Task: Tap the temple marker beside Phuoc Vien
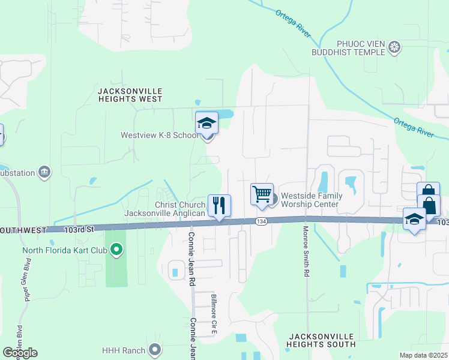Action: point(394,47)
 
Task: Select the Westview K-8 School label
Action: point(159,136)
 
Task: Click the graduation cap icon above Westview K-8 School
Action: point(206,123)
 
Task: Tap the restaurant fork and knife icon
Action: point(219,206)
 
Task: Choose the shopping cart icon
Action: point(262,195)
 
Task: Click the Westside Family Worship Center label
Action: point(312,200)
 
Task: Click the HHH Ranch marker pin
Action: point(155,349)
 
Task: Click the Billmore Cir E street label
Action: point(213,314)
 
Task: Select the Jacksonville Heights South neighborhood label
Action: point(321,340)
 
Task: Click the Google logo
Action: point(20,352)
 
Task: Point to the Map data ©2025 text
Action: point(423,355)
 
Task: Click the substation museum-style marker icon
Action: point(44,173)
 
